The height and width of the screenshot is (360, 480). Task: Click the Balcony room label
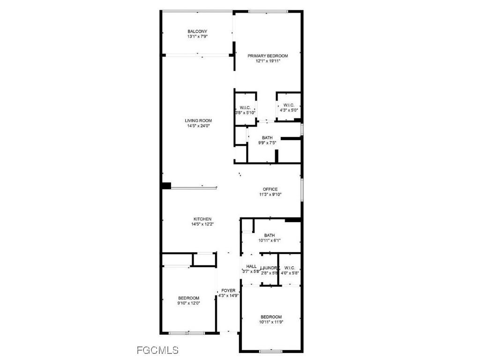[197, 31]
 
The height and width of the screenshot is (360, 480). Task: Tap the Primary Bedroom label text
[268, 56]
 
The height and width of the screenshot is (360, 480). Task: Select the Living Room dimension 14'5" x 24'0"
[197, 126]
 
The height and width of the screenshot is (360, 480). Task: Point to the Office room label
[270, 189]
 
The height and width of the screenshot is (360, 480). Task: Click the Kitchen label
[202, 219]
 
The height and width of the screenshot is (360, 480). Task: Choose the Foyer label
[228, 291]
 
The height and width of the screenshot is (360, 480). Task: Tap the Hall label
[251, 266]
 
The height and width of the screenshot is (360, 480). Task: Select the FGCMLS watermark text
[157, 350]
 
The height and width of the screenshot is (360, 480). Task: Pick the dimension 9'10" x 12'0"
[188, 303]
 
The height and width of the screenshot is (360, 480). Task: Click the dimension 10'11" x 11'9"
[271, 322]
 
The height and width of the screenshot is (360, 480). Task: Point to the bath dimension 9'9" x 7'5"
[267, 143]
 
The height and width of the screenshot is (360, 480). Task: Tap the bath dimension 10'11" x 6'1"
[270, 240]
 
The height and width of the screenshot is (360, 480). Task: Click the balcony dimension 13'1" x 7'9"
[197, 37]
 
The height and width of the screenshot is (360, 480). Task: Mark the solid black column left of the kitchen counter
[166, 186]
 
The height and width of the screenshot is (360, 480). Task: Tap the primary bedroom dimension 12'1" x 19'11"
[268, 61]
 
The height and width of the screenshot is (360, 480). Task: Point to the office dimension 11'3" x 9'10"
[270, 195]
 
